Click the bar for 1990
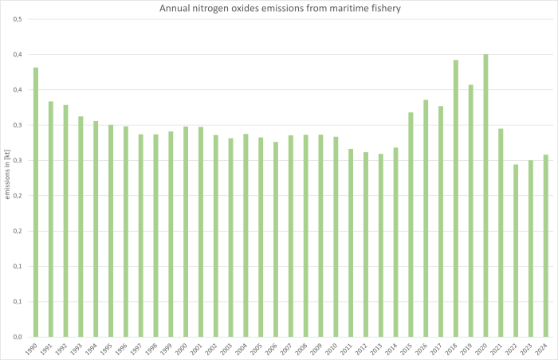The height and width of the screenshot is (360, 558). (36, 202)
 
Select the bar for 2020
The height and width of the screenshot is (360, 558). (485, 195)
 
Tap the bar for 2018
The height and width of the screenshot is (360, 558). (455, 198)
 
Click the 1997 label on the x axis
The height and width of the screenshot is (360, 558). (139, 349)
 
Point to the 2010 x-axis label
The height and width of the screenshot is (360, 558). (334, 349)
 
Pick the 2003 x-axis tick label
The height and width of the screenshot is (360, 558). (229, 349)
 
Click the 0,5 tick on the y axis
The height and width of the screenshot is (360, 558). (16, 19)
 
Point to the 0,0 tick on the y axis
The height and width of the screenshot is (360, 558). (16, 337)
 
